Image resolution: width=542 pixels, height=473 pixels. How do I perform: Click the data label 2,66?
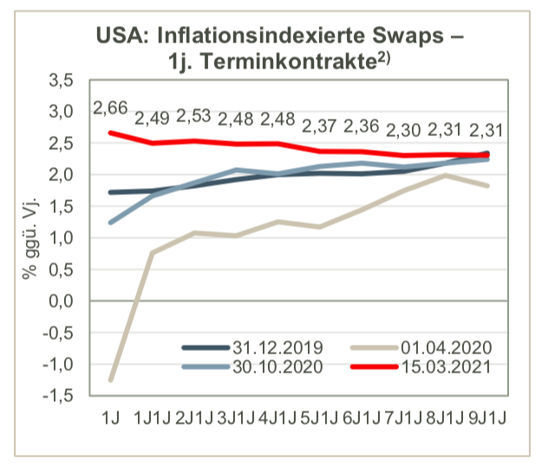coord(110,108)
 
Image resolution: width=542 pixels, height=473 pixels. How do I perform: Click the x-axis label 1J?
coord(110,418)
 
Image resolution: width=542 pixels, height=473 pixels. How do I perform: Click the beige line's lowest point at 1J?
coord(110,379)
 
